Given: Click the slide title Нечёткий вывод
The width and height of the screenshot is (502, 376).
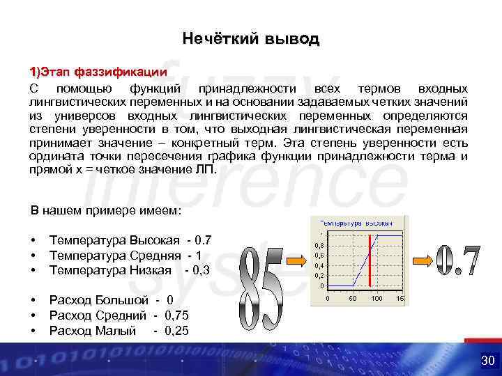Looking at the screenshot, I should pos(250,39).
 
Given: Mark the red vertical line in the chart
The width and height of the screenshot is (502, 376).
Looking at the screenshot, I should pos(370,260).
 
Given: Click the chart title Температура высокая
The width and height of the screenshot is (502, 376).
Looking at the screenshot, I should pos(356,222).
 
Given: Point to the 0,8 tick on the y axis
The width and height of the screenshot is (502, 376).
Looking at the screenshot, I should pos(319,246).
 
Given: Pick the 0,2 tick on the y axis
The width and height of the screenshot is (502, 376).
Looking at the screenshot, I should pos(319,276).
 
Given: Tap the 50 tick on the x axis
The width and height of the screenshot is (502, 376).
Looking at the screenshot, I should pos(353,298).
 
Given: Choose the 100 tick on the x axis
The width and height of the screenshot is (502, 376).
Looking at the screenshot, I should pos(376,298).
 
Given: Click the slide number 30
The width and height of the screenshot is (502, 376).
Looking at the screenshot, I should pos(487,360).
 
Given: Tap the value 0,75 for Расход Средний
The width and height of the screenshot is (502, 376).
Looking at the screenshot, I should pos(177,315).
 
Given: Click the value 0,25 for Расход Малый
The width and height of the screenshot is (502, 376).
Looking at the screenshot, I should pos(176,330).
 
